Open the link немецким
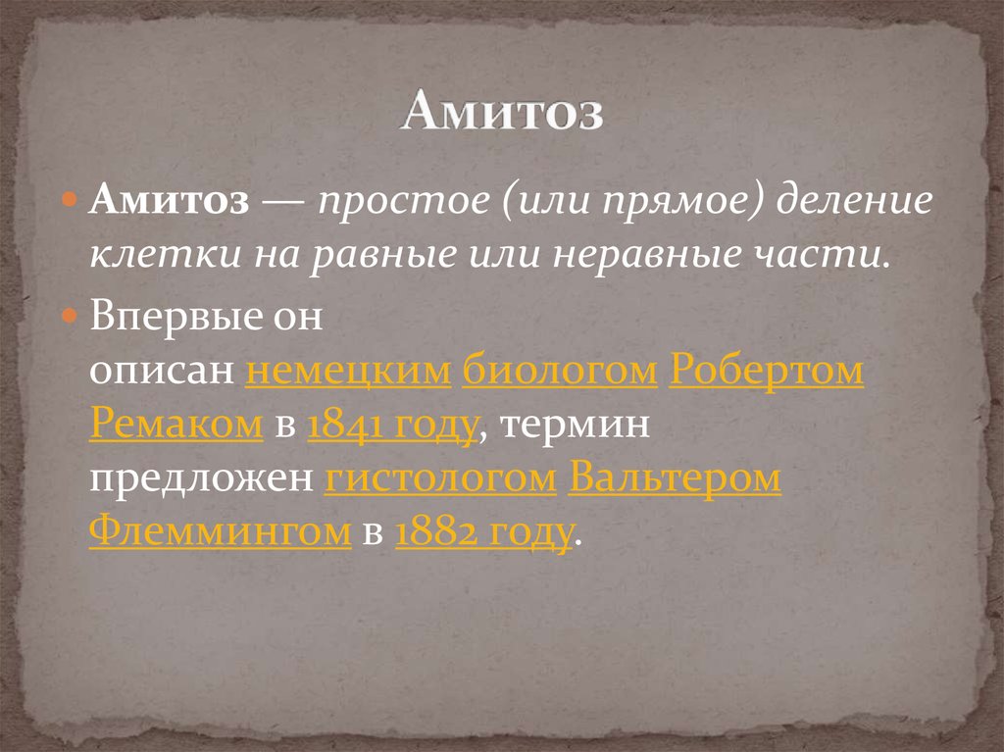[x=348, y=374]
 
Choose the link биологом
[x=560, y=374]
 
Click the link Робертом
[x=767, y=374]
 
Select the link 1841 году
[x=393, y=427]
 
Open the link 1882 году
[x=484, y=534]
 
